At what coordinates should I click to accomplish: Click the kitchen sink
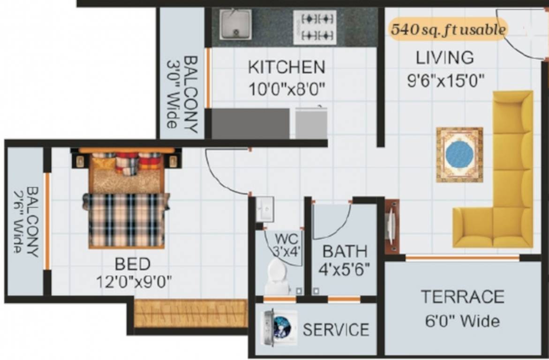[235, 24]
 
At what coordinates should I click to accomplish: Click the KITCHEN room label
[286, 67]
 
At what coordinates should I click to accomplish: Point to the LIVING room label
[445, 58]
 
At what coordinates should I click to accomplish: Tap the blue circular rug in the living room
[459, 155]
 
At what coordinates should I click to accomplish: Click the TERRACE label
[462, 297]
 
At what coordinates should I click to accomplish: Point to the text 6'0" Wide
[462, 321]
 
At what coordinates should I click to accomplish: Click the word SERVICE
[336, 330]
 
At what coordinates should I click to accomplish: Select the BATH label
[345, 251]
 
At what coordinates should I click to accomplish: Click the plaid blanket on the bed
[126, 219]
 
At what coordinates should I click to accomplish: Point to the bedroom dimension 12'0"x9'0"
[134, 282]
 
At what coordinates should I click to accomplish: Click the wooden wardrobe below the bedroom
[191, 313]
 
